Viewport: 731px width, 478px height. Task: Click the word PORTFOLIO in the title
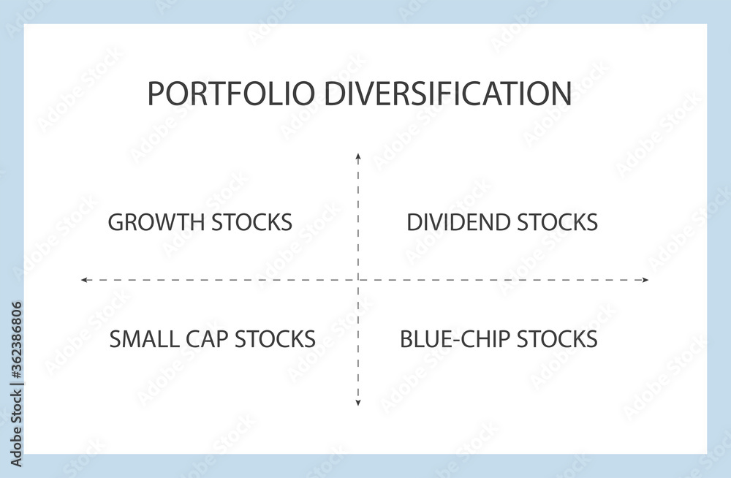coord(231,94)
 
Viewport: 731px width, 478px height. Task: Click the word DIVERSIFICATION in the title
coord(447,94)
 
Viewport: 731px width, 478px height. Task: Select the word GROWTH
coord(156,222)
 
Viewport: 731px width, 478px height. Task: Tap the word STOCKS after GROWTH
coord(251,222)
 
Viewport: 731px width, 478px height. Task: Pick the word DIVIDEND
coord(458,222)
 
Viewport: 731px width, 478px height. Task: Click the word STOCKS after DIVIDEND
coord(558,222)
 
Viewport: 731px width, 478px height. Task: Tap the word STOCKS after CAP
coord(275,339)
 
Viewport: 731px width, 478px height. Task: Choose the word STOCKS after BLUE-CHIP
coord(558,339)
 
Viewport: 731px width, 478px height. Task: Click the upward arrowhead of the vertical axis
coord(358,156)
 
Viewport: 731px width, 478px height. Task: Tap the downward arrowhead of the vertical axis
coord(358,403)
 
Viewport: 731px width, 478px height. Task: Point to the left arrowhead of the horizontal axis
coord(84,280)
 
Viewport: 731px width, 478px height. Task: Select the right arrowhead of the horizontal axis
coord(645,280)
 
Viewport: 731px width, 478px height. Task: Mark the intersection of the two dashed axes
coord(358,280)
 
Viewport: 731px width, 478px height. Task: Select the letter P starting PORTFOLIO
coord(155,94)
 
